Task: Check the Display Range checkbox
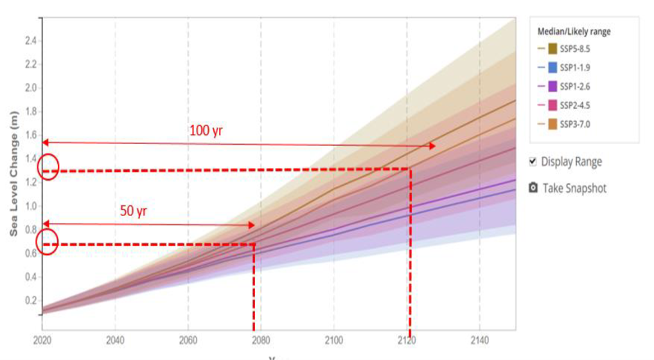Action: (x=533, y=161)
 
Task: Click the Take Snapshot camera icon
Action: (x=533, y=188)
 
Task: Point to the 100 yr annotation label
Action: (x=206, y=130)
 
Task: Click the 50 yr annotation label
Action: (x=134, y=211)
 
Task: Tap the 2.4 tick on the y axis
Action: (x=30, y=40)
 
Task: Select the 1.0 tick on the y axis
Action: (x=30, y=206)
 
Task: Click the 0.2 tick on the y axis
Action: (x=30, y=301)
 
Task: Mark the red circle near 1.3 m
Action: (x=48, y=167)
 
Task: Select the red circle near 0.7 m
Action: (x=48, y=242)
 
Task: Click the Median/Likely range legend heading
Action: (x=574, y=32)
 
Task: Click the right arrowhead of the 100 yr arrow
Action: (x=432, y=146)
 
